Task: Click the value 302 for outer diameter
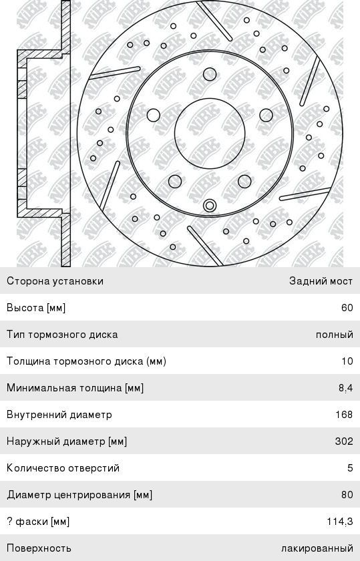tap(344, 441)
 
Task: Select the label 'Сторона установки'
tap(55, 281)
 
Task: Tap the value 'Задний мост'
tap(321, 281)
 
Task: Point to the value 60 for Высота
tap(347, 308)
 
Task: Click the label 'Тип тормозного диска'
tap(62, 335)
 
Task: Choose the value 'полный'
tap(334, 335)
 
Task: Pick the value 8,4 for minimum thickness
tap(346, 388)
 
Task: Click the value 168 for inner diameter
tap(344, 414)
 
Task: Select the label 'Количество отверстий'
tap(63, 468)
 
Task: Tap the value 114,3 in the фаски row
tap(340, 522)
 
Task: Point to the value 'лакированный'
tap(317, 548)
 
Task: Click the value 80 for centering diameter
tap(347, 494)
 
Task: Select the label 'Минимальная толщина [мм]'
tap(75, 388)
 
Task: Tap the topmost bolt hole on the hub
tap(210, 75)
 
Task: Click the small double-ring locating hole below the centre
tap(210, 206)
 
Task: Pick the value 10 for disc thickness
tap(347, 361)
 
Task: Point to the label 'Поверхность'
tap(39, 548)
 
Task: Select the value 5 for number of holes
tap(350, 467)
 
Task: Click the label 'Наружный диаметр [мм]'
tap(67, 441)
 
